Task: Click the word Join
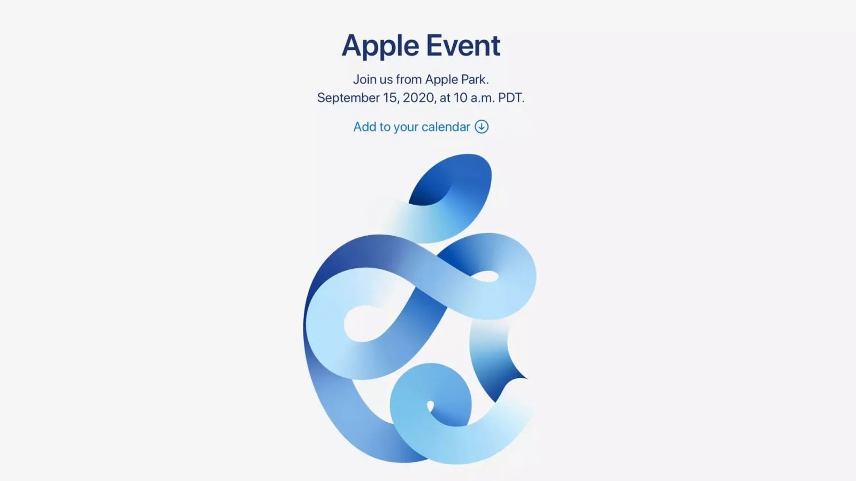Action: (364, 80)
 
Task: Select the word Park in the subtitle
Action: (474, 80)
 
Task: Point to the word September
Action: (348, 98)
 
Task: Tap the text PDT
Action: (511, 98)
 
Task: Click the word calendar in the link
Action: (446, 127)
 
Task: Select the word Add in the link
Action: (364, 127)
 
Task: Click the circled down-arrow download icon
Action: (481, 127)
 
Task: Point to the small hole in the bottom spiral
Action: (430, 407)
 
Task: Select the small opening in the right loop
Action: (486, 276)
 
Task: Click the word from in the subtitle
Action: (409, 80)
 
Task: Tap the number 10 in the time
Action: (460, 98)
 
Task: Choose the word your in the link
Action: (406, 127)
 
